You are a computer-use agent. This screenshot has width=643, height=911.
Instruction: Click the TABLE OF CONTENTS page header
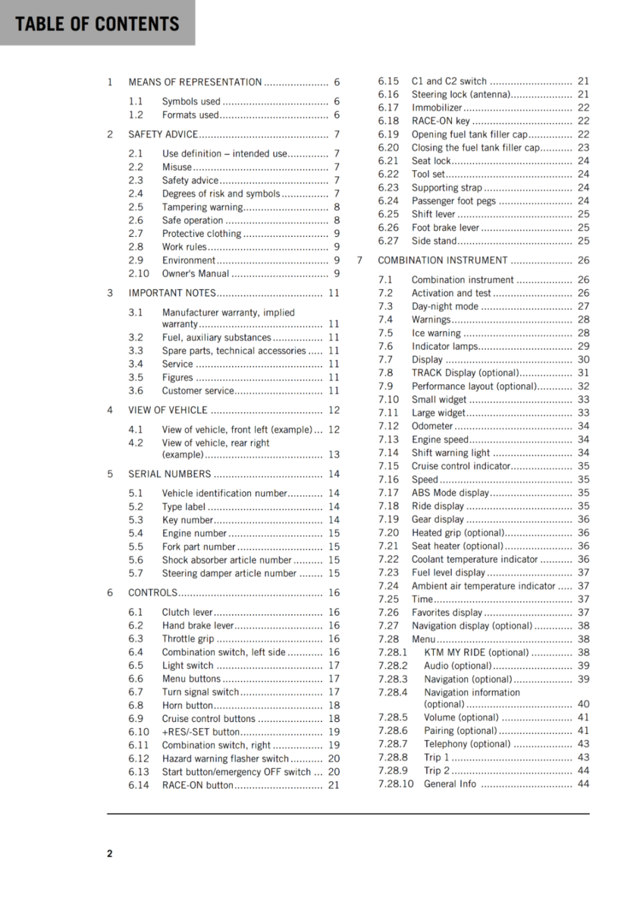pyautogui.click(x=97, y=24)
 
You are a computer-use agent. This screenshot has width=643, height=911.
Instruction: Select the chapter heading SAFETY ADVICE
pyautogui.click(x=163, y=134)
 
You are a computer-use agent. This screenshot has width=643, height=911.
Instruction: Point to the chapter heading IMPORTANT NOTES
pyautogui.click(x=172, y=293)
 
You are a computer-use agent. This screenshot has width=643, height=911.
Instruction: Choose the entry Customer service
pyautogui.click(x=198, y=391)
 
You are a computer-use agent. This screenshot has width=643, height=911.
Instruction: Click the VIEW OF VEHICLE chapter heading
pyautogui.click(x=168, y=410)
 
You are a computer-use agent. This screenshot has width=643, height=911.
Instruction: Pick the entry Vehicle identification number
pyautogui.click(x=224, y=493)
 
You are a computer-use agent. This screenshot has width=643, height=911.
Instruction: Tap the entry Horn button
pyautogui.click(x=187, y=705)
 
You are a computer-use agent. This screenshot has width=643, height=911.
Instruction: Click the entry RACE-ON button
pyautogui.click(x=197, y=786)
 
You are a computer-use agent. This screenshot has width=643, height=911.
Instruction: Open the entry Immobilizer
pyautogui.click(x=436, y=108)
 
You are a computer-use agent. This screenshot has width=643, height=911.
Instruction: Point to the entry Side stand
pyautogui.click(x=434, y=241)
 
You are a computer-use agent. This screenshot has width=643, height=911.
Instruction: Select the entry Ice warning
pyautogui.click(x=435, y=333)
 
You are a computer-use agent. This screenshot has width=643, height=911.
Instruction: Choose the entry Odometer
pyautogui.click(x=431, y=427)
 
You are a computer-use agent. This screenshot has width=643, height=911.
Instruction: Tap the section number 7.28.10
pyautogui.click(x=396, y=784)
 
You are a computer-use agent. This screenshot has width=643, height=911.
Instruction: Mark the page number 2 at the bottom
pyautogui.click(x=110, y=853)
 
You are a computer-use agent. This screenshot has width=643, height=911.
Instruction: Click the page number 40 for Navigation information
pyautogui.click(x=583, y=705)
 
